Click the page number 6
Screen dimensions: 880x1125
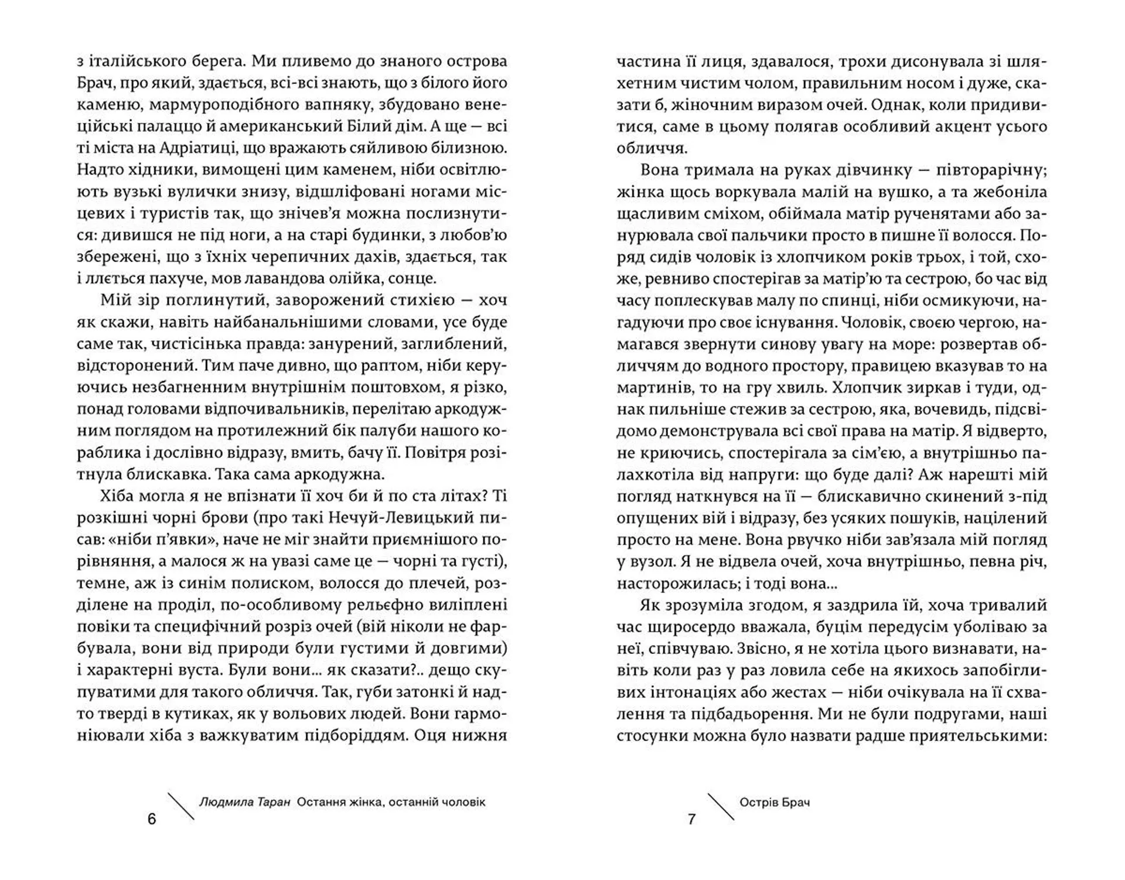tap(152, 819)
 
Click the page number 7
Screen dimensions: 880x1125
tap(691, 819)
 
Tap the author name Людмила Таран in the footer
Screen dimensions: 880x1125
tap(244, 802)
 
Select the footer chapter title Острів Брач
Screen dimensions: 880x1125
tap(775, 802)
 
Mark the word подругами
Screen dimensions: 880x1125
tap(940, 714)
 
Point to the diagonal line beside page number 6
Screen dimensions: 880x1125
tap(181, 806)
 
